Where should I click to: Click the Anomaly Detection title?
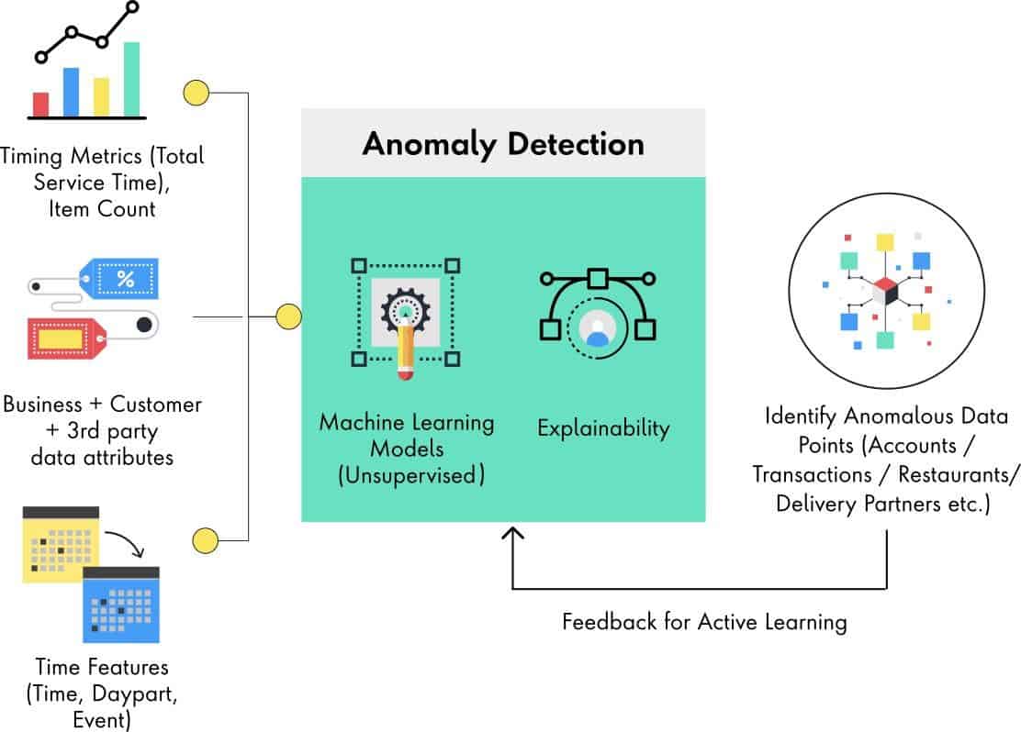click(x=502, y=144)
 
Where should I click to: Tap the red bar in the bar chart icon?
click(x=40, y=104)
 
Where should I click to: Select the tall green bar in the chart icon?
click(x=131, y=79)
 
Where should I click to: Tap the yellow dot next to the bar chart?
click(x=196, y=93)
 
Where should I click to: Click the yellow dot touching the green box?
click(x=288, y=316)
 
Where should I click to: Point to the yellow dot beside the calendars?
click(x=204, y=539)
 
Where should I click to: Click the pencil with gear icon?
click(x=405, y=317)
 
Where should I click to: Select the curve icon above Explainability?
click(x=597, y=307)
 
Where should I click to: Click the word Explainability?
click(x=603, y=427)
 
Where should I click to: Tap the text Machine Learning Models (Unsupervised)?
click(x=406, y=449)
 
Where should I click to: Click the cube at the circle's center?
click(x=885, y=292)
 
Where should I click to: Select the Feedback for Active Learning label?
click(x=704, y=622)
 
